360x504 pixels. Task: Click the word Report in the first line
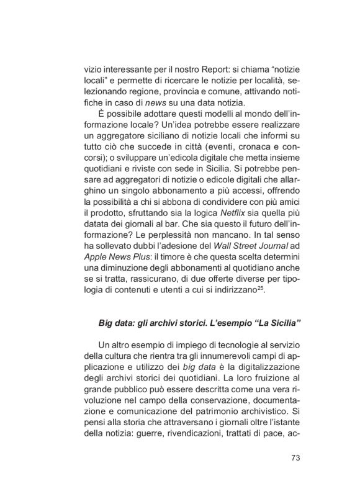pyautogui.click(x=196, y=68)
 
